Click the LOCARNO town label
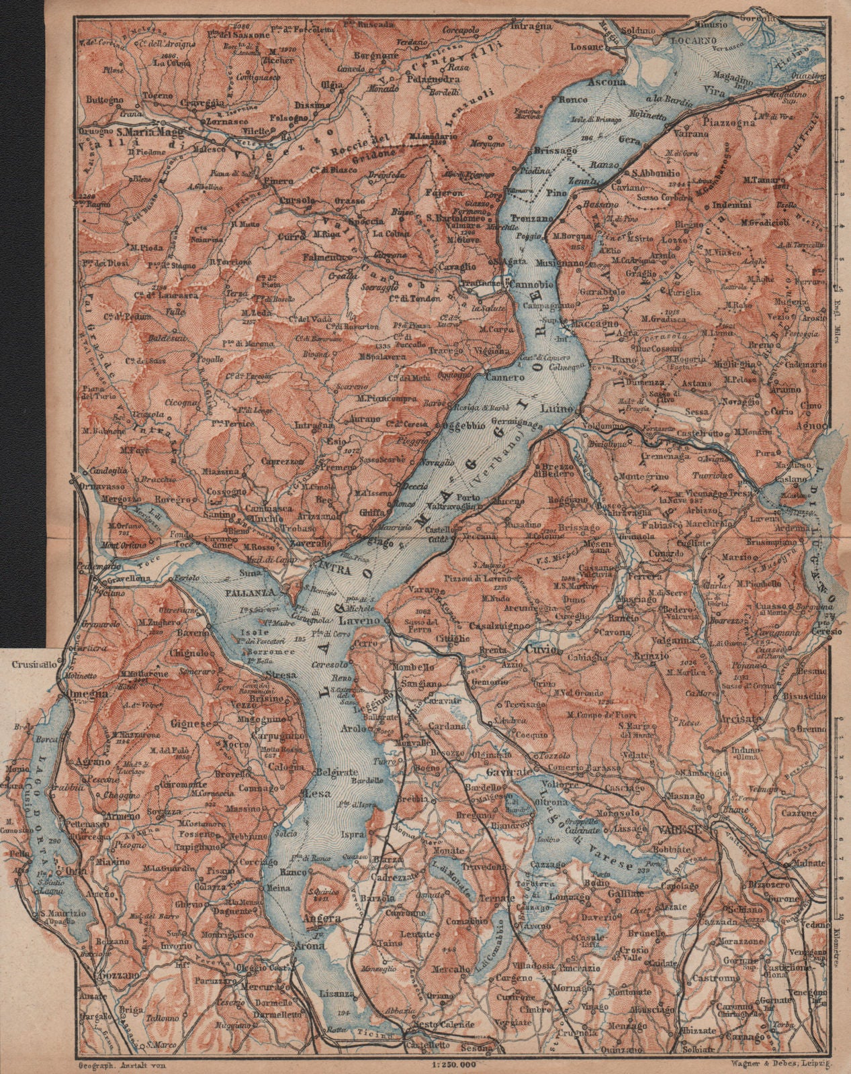coord(682,21)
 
